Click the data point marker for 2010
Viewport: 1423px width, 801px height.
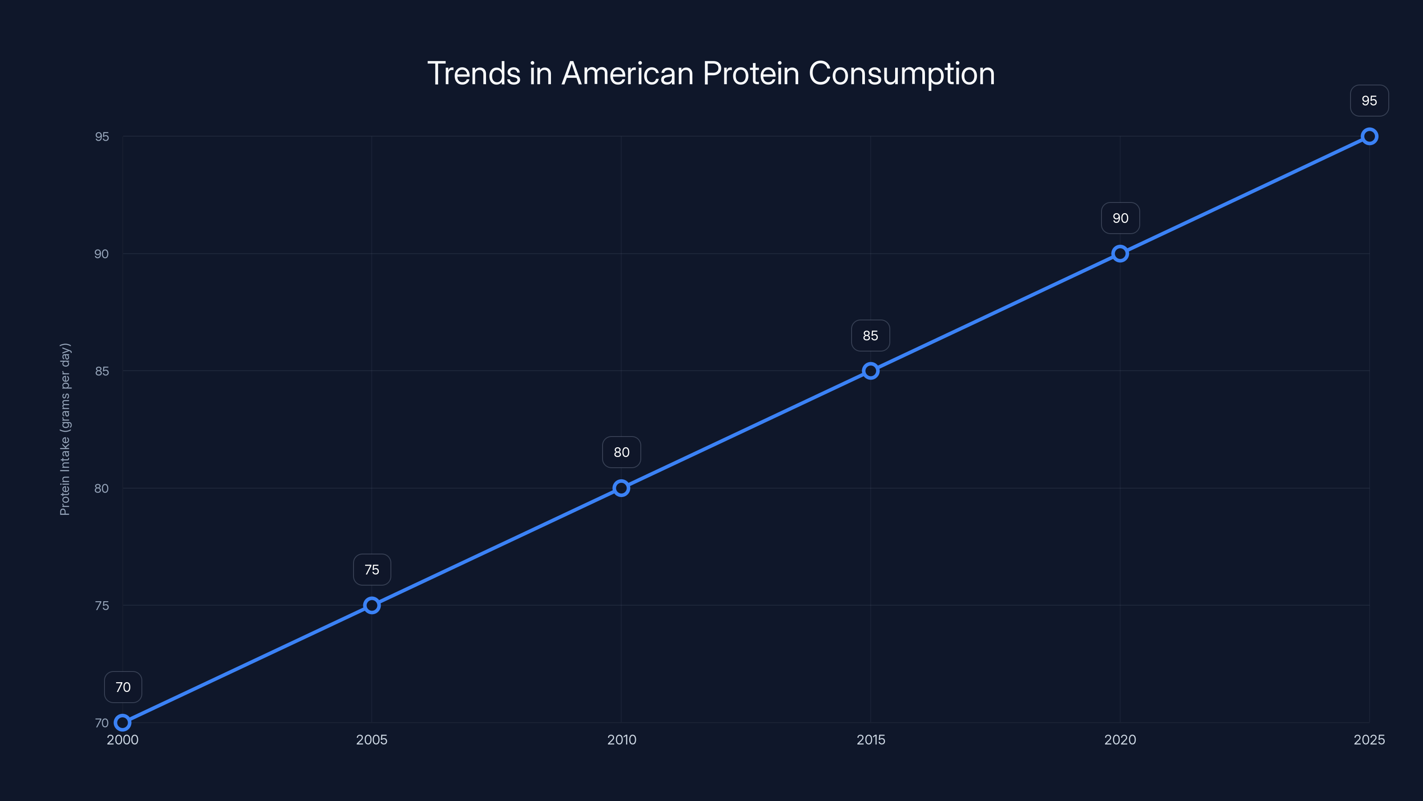tap(622, 488)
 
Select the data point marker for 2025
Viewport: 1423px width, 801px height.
tap(1370, 137)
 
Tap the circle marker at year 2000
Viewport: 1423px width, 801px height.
tap(123, 723)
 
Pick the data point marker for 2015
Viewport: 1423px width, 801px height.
tap(871, 371)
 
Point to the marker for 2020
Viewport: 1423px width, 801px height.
tap(1120, 254)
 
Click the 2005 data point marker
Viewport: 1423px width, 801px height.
tap(372, 605)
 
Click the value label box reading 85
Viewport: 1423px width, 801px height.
tap(870, 336)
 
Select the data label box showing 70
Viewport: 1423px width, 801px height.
tap(123, 687)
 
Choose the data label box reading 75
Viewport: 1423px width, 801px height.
tap(372, 570)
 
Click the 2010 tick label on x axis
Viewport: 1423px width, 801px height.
tap(622, 740)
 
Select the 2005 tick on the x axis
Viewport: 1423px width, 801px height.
tap(372, 740)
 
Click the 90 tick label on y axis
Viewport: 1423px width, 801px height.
tap(102, 254)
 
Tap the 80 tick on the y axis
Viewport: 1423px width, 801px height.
tap(102, 488)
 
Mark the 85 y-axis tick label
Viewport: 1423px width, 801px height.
tap(102, 371)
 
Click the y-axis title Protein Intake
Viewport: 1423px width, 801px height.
tap(65, 429)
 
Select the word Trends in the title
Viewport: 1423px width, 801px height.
tap(474, 73)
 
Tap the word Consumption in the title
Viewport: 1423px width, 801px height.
tap(901, 73)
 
